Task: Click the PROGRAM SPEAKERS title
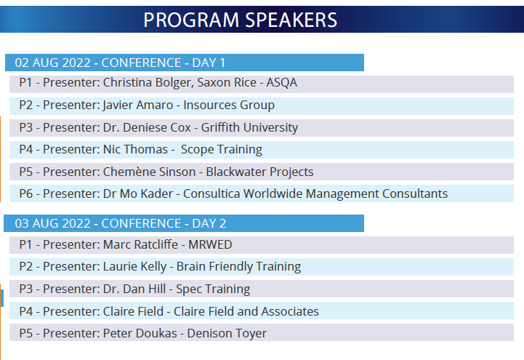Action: click(x=241, y=20)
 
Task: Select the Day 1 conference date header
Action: click(x=121, y=63)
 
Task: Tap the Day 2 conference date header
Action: click(x=121, y=223)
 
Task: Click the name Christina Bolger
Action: click(x=148, y=83)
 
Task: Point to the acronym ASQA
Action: click(x=282, y=83)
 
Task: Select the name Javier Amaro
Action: click(x=138, y=105)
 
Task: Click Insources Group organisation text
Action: click(x=229, y=105)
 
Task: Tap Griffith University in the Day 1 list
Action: click(x=249, y=127)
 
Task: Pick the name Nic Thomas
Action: click(x=135, y=149)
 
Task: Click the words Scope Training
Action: click(x=222, y=149)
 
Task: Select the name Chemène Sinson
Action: click(x=150, y=172)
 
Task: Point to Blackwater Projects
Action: click(x=259, y=172)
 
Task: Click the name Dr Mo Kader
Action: click(x=138, y=193)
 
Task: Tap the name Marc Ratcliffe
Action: click(x=140, y=244)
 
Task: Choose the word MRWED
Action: click(x=210, y=244)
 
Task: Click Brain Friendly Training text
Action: click(x=238, y=266)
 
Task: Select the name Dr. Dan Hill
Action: click(x=134, y=289)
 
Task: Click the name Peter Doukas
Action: click(x=140, y=333)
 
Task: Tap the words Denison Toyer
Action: click(x=227, y=333)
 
